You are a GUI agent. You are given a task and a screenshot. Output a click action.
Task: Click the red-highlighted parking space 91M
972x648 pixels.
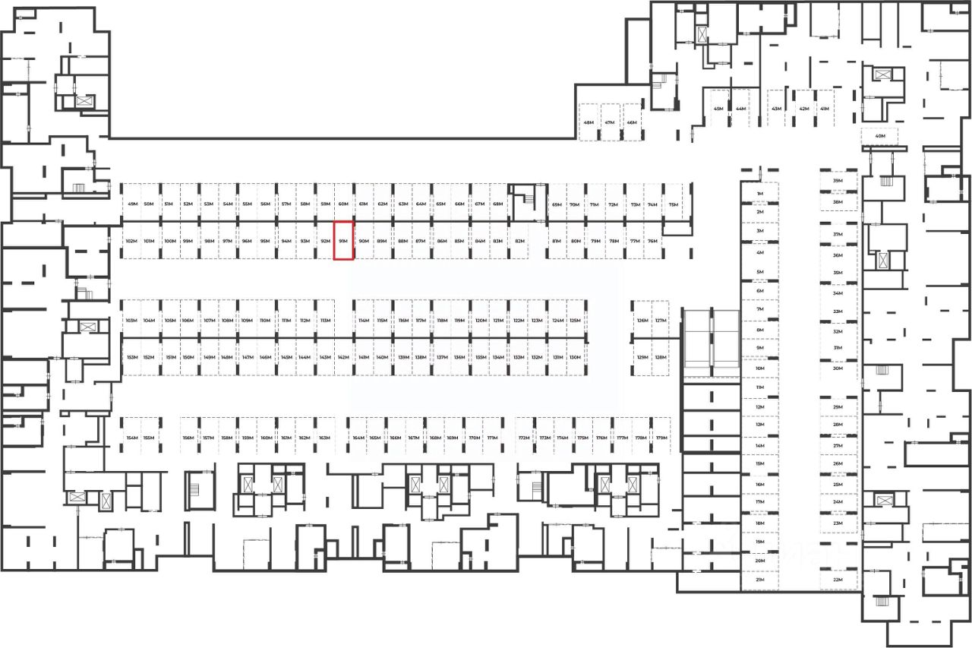coord(343,241)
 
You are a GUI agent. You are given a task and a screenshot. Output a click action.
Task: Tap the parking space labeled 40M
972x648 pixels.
coord(880,137)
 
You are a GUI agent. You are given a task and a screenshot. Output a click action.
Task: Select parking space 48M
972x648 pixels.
coord(589,122)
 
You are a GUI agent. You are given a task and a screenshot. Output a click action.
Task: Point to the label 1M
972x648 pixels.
coord(759,194)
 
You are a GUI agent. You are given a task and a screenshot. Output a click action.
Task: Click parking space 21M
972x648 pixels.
coord(759,580)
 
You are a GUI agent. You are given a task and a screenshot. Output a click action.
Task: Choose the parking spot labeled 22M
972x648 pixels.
coord(838,580)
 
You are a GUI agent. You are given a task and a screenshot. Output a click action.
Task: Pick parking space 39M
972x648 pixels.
coord(838,182)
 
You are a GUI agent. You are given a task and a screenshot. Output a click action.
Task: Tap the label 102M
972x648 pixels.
coord(131,241)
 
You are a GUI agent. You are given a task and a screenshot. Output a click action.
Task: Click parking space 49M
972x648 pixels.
coord(132,204)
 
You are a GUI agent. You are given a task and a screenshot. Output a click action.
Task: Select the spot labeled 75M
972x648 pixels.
coord(673,204)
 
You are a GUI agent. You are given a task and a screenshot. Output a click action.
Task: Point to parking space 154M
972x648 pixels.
coord(132,438)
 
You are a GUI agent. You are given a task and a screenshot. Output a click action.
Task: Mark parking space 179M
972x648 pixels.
coord(661,438)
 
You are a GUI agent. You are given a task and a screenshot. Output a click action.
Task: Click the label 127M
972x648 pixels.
coord(661,321)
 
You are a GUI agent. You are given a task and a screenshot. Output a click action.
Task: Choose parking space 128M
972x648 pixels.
coord(661,357)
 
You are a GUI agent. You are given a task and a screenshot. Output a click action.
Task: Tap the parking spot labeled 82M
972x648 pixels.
coord(519,241)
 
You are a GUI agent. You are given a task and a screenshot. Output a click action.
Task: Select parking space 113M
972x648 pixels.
coord(325,321)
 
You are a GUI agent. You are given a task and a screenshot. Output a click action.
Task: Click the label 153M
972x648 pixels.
coord(131,357)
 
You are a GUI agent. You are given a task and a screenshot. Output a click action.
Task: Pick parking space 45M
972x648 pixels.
coord(718,109)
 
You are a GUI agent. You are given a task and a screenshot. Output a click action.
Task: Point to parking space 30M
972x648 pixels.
coord(838,368)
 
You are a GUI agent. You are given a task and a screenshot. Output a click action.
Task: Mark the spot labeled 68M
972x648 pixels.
coord(498,204)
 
